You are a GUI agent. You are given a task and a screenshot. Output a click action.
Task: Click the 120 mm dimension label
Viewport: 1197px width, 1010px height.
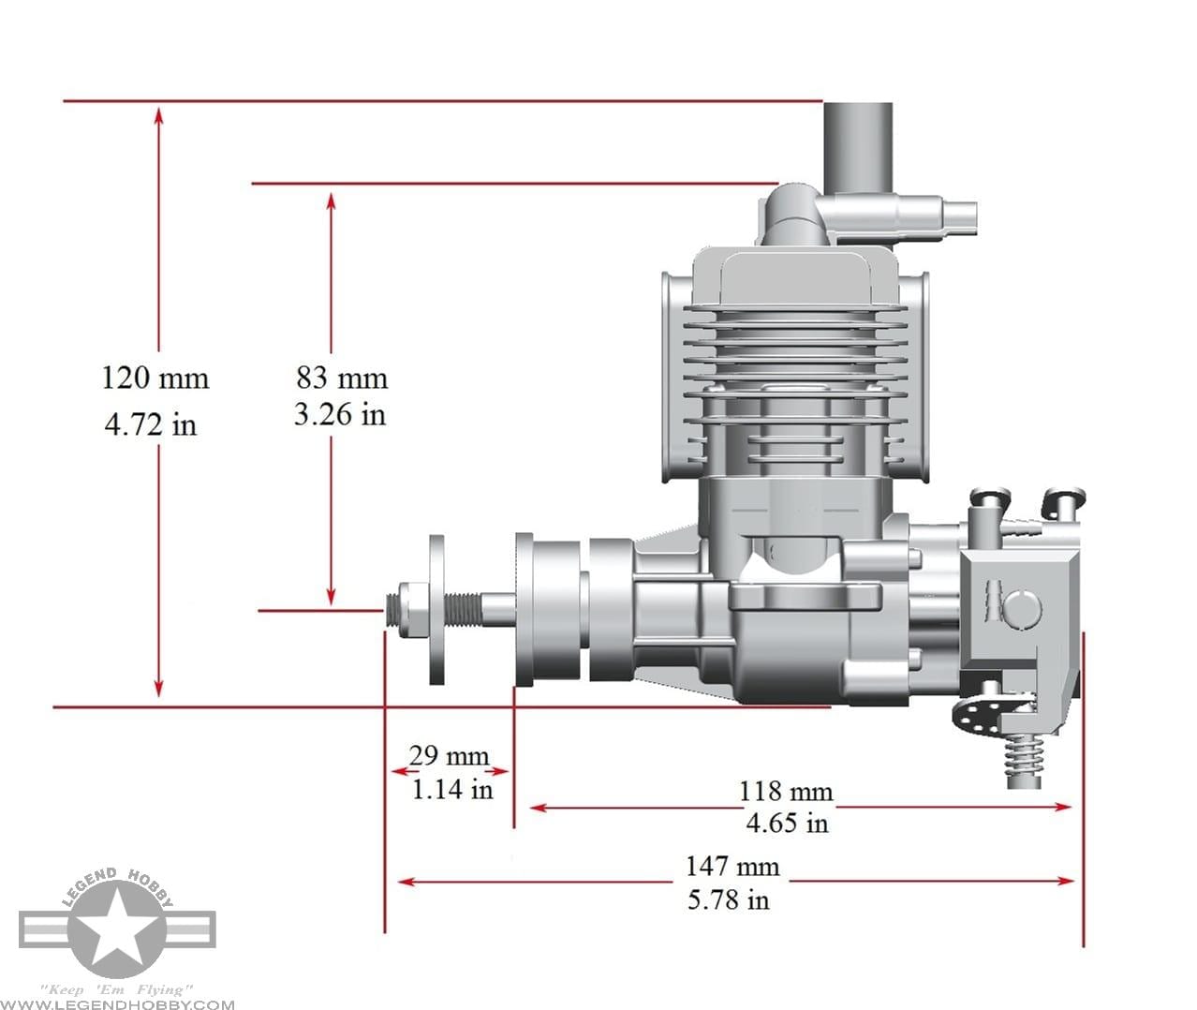click(x=155, y=378)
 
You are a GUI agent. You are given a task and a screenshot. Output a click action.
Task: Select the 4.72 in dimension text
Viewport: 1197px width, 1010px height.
click(x=151, y=424)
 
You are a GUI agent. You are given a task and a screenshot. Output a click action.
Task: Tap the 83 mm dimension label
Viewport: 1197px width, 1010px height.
click(x=342, y=378)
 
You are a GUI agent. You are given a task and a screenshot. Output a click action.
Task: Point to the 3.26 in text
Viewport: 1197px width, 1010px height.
click(x=339, y=414)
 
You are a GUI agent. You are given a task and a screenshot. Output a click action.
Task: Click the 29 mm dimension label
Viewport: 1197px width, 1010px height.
click(x=449, y=755)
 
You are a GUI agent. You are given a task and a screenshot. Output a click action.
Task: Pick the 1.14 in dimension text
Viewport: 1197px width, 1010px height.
click(x=452, y=789)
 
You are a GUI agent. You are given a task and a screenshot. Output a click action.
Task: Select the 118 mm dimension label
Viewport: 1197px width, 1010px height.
click(x=785, y=792)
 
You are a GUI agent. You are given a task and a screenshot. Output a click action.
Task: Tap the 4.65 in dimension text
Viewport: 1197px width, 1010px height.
click(x=787, y=823)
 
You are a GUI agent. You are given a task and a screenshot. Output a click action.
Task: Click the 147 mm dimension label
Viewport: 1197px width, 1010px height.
click(x=731, y=866)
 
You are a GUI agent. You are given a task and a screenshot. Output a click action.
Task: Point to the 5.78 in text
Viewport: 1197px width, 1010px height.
click(x=728, y=899)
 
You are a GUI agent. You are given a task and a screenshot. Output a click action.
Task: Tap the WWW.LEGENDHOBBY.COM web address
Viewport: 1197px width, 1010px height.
click(x=118, y=1004)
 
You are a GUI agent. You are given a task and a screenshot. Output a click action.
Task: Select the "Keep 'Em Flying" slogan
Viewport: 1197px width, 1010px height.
click(x=117, y=989)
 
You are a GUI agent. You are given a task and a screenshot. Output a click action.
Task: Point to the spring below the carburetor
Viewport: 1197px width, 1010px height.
click(x=1025, y=759)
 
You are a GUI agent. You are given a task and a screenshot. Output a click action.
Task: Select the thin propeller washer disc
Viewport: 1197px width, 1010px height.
click(x=437, y=610)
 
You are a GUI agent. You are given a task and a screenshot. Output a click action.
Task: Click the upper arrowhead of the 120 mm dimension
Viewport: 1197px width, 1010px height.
click(x=159, y=114)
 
